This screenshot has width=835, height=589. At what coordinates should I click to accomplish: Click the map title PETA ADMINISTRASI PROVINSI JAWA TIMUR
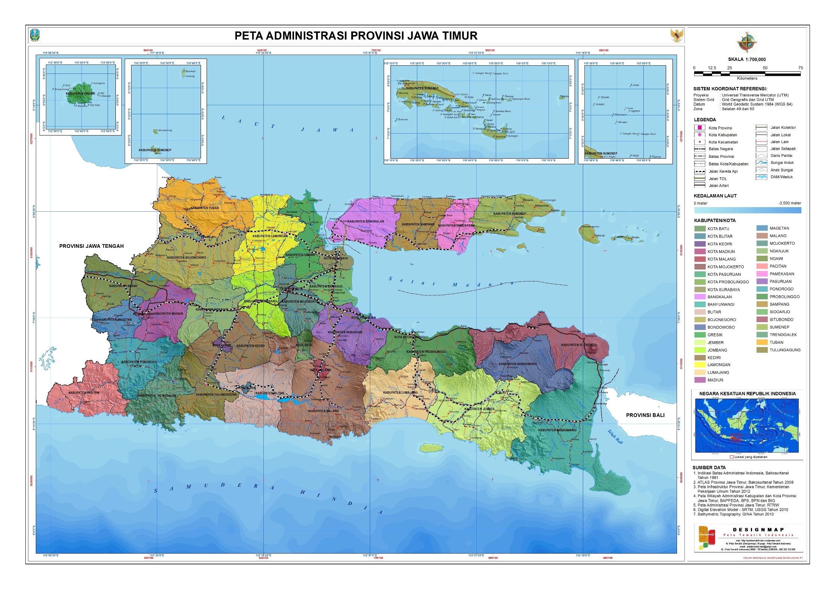356,36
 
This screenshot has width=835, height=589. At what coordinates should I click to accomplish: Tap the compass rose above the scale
746,42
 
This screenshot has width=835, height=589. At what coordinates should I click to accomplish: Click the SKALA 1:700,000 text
746,59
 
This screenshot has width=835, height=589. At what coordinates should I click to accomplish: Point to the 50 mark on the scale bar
765,68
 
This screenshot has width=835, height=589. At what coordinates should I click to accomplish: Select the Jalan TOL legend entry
717,179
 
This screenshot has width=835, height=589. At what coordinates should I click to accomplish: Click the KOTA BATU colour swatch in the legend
700,229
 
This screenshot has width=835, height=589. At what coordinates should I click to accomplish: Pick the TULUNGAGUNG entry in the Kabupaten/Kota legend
785,350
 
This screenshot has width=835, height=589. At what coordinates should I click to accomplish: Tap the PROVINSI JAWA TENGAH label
92,246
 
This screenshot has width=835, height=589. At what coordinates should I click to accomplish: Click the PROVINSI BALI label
645,415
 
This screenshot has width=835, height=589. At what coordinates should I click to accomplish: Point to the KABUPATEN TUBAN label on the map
205,208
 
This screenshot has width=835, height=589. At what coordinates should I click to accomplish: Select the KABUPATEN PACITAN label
84,393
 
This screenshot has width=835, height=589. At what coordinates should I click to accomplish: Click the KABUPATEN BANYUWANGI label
557,430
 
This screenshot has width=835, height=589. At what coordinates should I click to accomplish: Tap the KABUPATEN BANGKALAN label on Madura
365,222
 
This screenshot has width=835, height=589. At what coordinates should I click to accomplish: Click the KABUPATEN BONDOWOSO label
517,364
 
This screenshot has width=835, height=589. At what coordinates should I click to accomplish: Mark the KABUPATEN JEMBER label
479,409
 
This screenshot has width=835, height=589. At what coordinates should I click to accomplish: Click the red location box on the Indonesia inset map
735,438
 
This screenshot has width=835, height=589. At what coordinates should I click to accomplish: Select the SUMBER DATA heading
709,467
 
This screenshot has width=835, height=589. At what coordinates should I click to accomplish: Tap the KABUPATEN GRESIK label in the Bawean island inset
80,94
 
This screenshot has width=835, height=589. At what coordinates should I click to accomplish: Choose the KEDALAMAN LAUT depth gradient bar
747,210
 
